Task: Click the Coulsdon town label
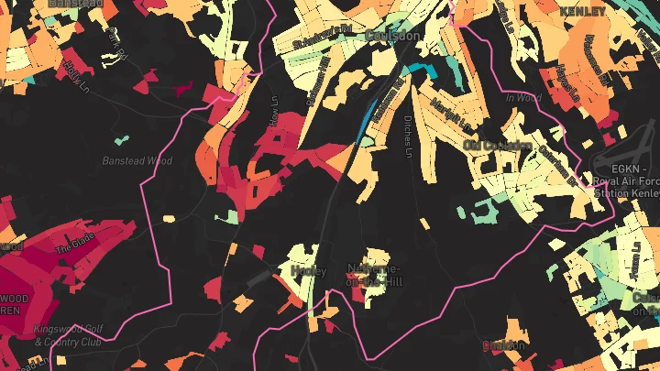pyautogui.click(x=392, y=35)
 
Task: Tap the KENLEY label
pyautogui.click(x=582, y=11)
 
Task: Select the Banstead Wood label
pyautogui.click(x=137, y=161)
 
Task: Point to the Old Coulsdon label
pyautogui.click(x=498, y=145)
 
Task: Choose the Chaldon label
pyautogui.click(x=505, y=345)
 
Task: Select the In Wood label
pyautogui.click(x=523, y=98)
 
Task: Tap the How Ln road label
pyautogui.click(x=272, y=110)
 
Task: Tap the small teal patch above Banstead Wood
pyautogui.click(x=120, y=140)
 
